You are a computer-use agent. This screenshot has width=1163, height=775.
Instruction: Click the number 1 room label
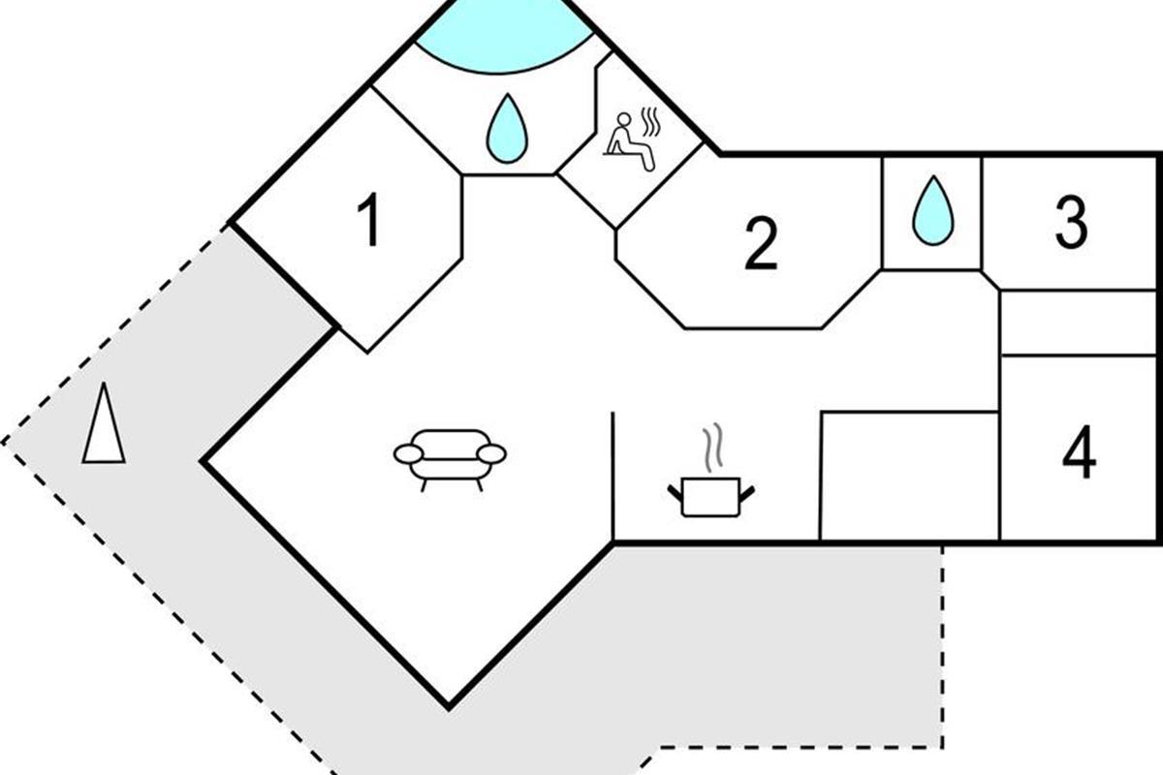pos(368,221)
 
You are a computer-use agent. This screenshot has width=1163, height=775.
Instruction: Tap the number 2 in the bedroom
pos(762,244)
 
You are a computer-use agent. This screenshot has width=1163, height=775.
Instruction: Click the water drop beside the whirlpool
pos(505,130)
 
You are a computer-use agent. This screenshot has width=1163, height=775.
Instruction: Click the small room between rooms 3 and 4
pos(1078,323)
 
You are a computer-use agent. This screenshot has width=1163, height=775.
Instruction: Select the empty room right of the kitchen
pos(909,476)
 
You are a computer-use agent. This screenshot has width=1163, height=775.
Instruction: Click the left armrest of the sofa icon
pos(408,453)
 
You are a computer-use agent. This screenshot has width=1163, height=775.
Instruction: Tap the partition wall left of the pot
pos(613,475)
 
